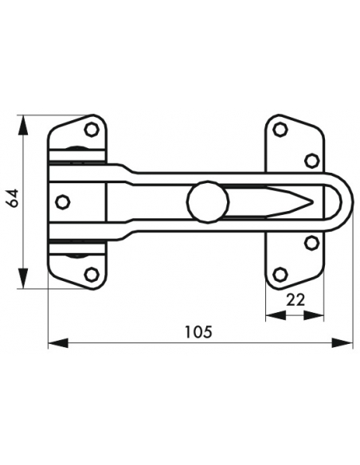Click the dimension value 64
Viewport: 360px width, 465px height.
(x=13, y=198)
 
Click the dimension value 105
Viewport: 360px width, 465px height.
(x=198, y=332)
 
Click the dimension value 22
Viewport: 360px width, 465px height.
(x=295, y=300)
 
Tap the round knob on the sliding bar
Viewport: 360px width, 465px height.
(x=209, y=201)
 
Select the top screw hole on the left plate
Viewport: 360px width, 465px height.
(x=92, y=129)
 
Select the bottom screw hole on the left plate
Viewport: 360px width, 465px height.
(x=92, y=275)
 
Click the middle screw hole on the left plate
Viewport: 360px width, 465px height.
(x=63, y=202)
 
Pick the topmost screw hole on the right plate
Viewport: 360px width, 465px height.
(x=280, y=129)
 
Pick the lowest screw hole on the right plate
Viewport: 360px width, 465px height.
(x=280, y=275)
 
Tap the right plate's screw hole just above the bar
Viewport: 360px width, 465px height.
(x=311, y=160)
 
